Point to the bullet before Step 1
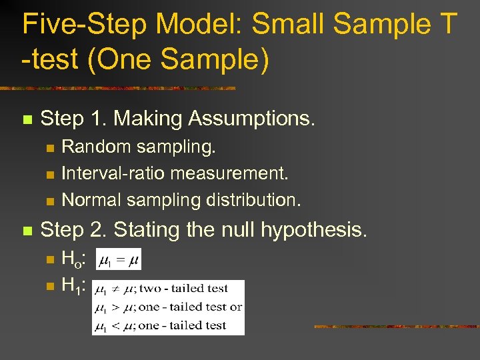click(x=27, y=120)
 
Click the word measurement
click(x=229, y=173)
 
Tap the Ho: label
click(x=74, y=258)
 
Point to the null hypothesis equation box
click(x=117, y=260)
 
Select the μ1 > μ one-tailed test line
click(x=168, y=307)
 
